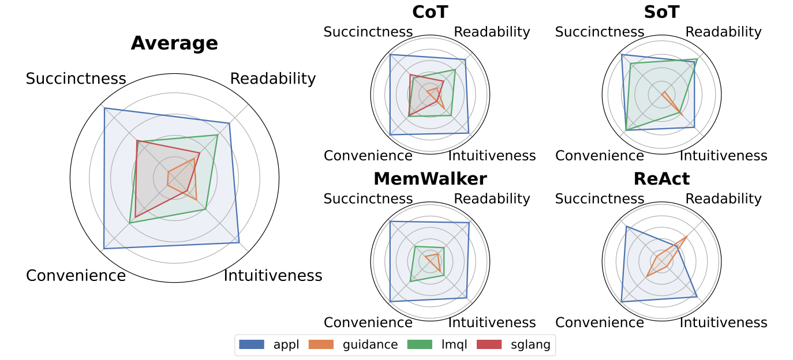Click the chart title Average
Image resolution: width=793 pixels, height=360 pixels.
pyautogui.click(x=174, y=44)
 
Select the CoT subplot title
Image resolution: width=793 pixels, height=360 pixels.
pyautogui.click(x=430, y=12)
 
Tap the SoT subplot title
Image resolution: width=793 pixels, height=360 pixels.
pyautogui.click(x=661, y=12)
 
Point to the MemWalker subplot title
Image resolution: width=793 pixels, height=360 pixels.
pyautogui.click(x=430, y=179)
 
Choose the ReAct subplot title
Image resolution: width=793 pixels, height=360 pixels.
pyautogui.click(x=661, y=179)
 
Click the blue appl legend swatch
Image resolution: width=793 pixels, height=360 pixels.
pyautogui.click(x=252, y=345)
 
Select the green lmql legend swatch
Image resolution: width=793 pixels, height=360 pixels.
pyautogui.click(x=420, y=345)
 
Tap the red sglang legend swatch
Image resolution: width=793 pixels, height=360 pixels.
pyautogui.click(x=490, y=345)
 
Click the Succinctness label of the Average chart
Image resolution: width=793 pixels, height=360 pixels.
pyautogui.click(x=76, y=79)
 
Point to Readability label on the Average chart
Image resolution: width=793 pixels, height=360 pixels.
pyautogui.click(x=273, y=79)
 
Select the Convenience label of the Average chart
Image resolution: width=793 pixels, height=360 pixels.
pyautogui.click(x=76, y=276)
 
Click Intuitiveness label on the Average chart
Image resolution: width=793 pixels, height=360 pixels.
pyautogui.click(x=273, y=276)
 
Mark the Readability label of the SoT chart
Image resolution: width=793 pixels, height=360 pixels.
pyautogui.click(x=723, y=32)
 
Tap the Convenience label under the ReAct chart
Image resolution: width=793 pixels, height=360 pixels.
pyautogui.click(x=600, y=322)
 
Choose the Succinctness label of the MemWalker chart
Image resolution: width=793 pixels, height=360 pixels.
pyautogui.click(x=368, y=199)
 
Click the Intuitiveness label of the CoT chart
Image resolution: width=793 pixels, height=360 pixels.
pyautogui.click(x=492, y=156)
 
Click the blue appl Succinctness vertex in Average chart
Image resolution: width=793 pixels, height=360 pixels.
pyautogui.click(x=104, y=108)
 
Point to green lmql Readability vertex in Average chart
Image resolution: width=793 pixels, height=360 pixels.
pyautogui.click(x=218, y=134)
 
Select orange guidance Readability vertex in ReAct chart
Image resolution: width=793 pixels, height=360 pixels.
pyautogui.click(x=686, y=237)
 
